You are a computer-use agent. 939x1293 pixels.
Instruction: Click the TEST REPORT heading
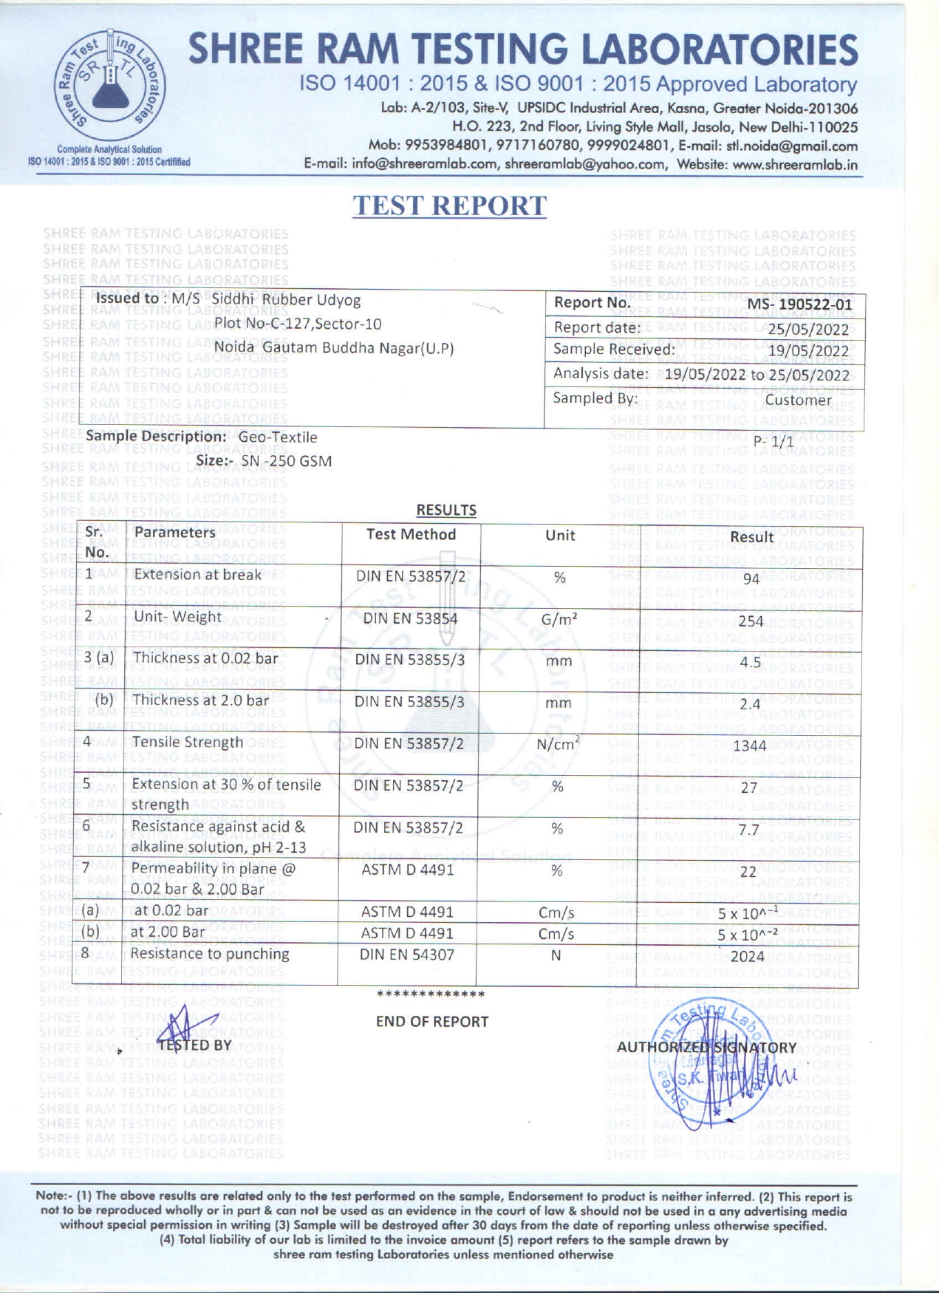tap(449, 206)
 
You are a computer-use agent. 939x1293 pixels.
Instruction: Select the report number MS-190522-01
tap(799, 304)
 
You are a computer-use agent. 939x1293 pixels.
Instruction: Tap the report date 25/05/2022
tap(808, 330)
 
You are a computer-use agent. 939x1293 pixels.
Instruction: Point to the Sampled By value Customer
tap(798, 400)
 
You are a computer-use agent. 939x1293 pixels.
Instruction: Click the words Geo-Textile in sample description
tap(278, 437)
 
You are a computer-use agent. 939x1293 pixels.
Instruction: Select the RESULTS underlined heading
tap(446, 510)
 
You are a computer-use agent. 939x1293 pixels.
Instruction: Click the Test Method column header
tap(411, 534)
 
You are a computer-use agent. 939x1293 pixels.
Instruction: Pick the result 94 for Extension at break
tap(751, 579)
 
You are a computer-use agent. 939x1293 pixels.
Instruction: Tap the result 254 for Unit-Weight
tap(751, 621)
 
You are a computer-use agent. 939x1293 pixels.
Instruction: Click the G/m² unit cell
tap(559, 619)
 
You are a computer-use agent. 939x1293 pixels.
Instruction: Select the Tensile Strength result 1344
tap(750, 746)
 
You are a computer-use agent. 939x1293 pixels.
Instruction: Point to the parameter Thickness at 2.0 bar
tap(200, 700)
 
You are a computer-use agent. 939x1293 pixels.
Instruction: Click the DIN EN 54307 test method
tap(407, 955)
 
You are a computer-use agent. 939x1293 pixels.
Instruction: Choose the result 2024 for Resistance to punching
tap(748, 956)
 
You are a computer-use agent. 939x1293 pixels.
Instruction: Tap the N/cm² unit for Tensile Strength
tap(558, 744)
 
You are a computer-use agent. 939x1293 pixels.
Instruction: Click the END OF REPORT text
tap(432, 1022)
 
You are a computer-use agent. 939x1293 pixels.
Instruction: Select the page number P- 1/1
tap(774, 441)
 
